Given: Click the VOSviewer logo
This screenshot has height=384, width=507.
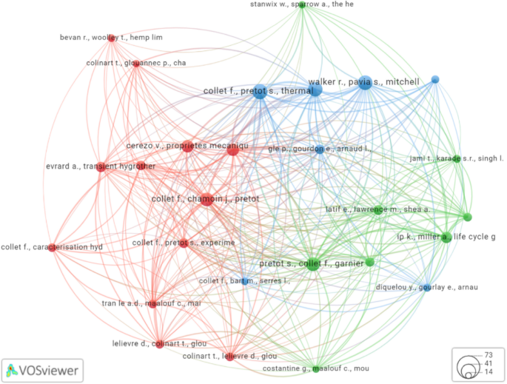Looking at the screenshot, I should pos(43,368).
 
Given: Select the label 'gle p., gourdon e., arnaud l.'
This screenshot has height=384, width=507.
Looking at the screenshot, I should pos(320,149).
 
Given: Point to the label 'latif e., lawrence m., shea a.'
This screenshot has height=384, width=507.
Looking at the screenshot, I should pos(377,209).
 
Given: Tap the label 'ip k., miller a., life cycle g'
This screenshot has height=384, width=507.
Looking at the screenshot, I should pos(446,237).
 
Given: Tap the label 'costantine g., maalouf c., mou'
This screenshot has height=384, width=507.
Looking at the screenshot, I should pos(315,368).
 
